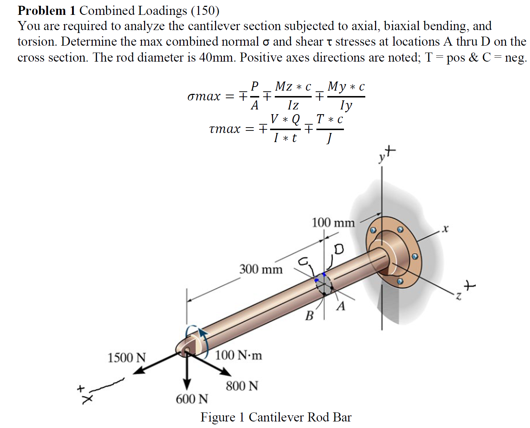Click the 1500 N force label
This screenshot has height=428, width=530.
click(126, 358)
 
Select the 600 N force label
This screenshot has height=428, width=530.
click(192, 399)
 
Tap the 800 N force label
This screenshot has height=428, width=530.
click(242, 386)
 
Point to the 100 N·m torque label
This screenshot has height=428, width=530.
click(239, 355)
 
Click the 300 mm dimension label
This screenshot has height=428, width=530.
click(261, 269)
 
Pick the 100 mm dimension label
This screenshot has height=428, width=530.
click(333, 223)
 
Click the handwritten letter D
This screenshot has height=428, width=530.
click(339, 249)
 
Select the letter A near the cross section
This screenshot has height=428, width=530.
click(341, 307)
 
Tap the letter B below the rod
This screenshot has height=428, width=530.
click(309, 316)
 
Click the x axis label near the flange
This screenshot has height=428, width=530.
click(445, 229)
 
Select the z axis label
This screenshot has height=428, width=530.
click(458, 297)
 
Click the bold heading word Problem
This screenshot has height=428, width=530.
click(42, 11)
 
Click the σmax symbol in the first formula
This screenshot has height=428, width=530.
click(204, 96)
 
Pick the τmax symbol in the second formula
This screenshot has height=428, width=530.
click(224, 129)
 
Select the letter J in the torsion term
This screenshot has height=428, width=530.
click(329, 138)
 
